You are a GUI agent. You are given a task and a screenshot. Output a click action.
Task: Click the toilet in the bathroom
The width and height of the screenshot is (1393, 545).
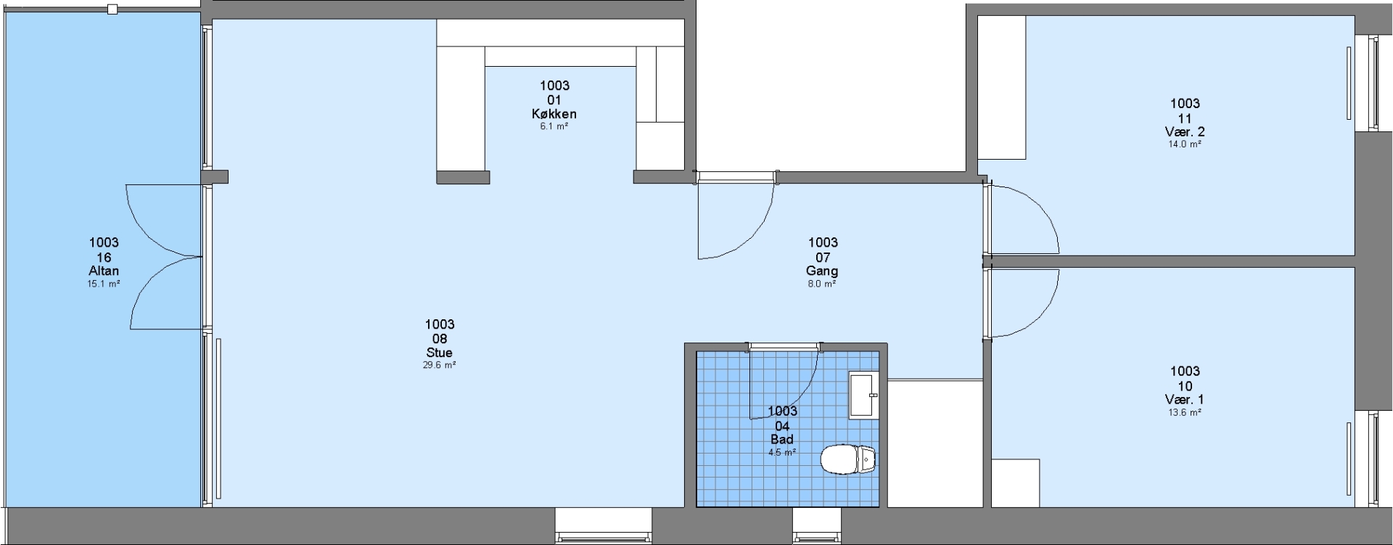(x=848, y=459)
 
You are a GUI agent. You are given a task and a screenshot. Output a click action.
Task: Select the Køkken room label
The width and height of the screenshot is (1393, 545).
(x=554, y=114)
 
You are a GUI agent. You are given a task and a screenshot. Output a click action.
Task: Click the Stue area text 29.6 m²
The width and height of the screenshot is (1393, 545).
(x=440, y=365)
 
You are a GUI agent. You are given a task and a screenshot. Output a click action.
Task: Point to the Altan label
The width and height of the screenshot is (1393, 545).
(x=104, y=271)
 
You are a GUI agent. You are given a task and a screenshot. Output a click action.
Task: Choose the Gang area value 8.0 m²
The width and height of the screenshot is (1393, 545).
(x=822, y=284)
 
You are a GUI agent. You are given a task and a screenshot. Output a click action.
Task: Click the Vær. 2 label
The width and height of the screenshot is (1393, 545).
(x=1185, y=131)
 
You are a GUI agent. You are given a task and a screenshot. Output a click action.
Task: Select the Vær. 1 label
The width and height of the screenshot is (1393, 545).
(x=1185, y=399)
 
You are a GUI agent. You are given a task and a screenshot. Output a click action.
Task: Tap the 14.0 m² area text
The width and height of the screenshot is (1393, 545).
(x=1185, y=144)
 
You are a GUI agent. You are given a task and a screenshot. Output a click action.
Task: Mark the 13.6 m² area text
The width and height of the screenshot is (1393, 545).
(x=1185, y=412)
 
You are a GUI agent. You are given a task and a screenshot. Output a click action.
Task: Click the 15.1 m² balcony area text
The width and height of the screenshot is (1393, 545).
(x=104, y=284)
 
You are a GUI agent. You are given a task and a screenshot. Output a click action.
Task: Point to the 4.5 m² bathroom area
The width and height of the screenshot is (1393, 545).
(x=782, y=452)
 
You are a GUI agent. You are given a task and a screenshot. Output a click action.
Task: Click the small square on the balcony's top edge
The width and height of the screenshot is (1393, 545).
(x=112, y=9)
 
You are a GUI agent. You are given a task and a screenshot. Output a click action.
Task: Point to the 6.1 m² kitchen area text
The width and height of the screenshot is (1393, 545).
(x=554, y=126)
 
